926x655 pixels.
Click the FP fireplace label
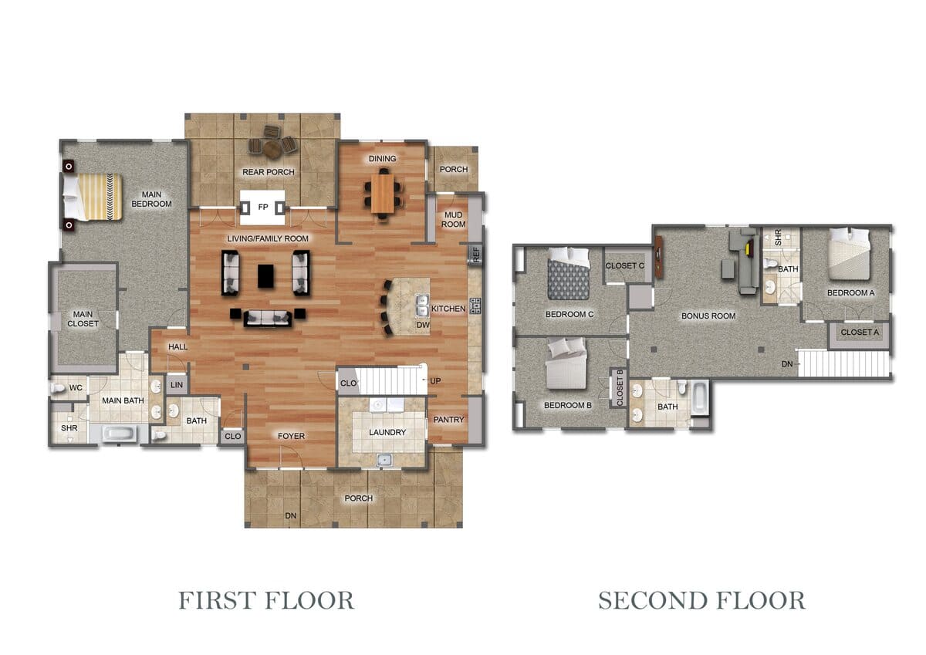tap(263, 207)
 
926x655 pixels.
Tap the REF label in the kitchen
tap(476, 254)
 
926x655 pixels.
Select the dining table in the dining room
tap(383, 194)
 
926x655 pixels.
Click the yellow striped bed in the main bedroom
tap(93, 197)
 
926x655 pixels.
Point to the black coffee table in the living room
tap(265, 276)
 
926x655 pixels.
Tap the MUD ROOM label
tap(453, 219)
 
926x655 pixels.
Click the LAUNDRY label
tap(387, 432)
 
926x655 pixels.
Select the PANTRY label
tap(448, 420)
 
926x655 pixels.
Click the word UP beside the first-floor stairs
tap(435, 380)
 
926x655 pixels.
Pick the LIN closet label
tap(177, 385)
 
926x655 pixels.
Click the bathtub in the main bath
tap(119, 434)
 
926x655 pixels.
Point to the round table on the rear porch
tap(272, 149)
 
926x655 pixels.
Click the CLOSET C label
tap(624, 265)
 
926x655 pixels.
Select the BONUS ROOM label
tap(708, 316)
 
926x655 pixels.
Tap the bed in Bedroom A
tap(849, 254)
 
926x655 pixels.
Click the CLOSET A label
tap(860, 333)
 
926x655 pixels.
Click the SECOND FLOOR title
tap(701, 600)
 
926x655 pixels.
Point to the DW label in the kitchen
tap(423, 326)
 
